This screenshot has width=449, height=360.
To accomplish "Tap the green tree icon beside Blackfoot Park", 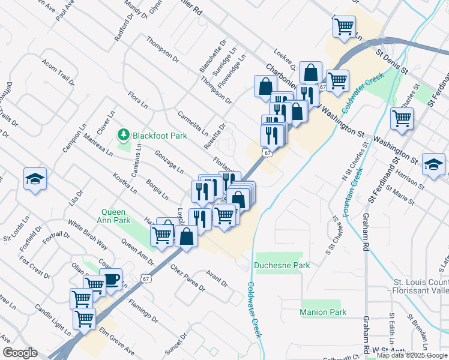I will click(x=124, y=134).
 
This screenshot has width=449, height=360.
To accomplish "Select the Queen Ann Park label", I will click(x=116, y=216).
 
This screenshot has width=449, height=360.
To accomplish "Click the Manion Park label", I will click(x=322, y=312).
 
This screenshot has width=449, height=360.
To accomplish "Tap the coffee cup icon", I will click(x=110, y=278).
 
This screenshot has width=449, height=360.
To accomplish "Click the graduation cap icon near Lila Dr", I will click(x=35, y=178).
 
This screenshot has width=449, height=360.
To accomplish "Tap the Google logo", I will click(x=19, y=353).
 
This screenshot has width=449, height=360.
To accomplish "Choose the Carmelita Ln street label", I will click(x=192, y=124).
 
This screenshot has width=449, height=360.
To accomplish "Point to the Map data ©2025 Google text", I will click(x=412, y=355).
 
